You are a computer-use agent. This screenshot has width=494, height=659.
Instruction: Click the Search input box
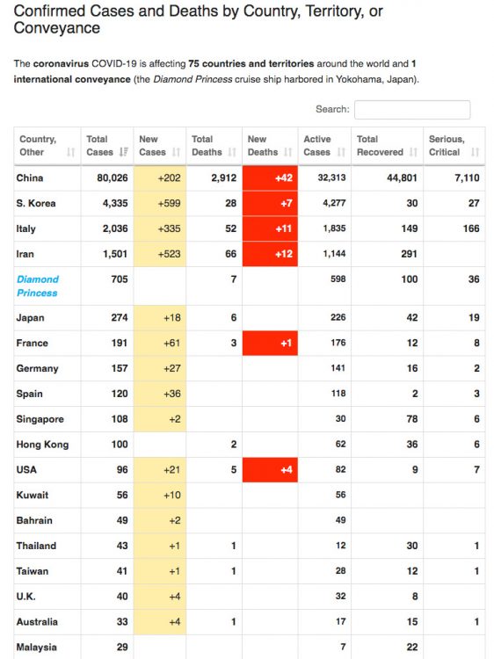[412, 110]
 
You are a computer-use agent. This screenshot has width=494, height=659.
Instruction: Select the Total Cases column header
[106, 146]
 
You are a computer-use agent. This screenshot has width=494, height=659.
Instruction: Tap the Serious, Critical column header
[454, 146]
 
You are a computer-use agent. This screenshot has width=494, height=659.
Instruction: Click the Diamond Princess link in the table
[38, 286]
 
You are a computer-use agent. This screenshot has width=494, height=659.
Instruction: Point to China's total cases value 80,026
[113, 178]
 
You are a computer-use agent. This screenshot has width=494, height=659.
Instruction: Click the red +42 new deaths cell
[270, 178]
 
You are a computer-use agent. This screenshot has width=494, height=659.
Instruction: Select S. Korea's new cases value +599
[169, 204]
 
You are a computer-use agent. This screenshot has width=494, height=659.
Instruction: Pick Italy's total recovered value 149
[409, 228]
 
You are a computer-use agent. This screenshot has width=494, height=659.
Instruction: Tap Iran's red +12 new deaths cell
[270, 254]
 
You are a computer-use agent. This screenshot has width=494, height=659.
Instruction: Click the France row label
[32, 343]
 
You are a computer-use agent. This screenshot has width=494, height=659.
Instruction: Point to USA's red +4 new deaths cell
[270, 469]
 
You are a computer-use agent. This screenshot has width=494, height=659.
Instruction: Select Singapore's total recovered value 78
[412, 419]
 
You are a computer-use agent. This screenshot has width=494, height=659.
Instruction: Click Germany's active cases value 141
[338, 368]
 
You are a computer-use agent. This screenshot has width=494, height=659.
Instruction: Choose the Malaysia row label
[36, 648]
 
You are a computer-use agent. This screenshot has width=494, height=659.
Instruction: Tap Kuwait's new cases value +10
[172, 495]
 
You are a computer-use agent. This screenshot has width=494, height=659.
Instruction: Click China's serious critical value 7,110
[467, 178]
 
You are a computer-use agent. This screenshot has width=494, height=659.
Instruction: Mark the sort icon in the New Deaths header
[288, 152]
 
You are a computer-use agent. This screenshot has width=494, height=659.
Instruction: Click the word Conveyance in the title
[57, 28]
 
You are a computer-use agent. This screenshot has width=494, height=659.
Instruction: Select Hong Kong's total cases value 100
[120, 445]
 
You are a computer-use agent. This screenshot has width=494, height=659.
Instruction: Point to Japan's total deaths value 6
[233, 318]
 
